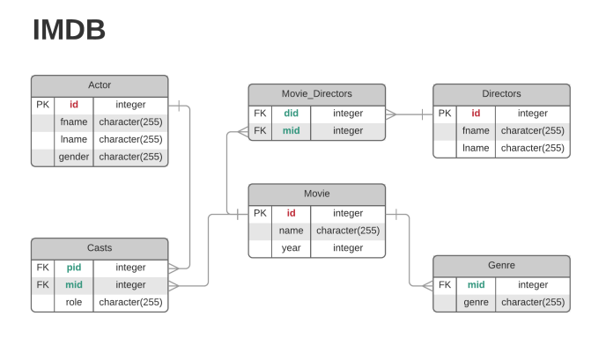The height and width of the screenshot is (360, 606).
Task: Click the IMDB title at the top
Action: [x=69, y=31]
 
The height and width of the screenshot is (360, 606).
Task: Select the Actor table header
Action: [x=100, y=85]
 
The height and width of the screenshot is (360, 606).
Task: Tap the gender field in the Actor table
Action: [x=73, y=157]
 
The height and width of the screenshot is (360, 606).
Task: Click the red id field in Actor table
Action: [x=73, y=105]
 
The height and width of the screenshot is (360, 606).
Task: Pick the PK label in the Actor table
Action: [x=42, y=105]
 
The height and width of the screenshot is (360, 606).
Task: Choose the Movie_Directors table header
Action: [x=316, y=94]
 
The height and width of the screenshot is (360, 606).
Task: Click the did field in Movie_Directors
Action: [x=291, y=114]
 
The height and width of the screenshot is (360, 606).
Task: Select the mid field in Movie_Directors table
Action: [x=291, y=131]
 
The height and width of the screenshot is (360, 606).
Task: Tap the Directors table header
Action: [x=501, y=94]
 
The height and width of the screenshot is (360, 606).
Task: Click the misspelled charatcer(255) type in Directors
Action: [x=532, y=131]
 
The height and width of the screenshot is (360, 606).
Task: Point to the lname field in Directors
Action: [x=476, y=149]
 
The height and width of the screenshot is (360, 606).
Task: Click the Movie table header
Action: [x=316, y=194]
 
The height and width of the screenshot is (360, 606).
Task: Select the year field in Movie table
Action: [x=291, y=248]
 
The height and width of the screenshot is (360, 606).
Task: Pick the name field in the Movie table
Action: [x=291, y=231]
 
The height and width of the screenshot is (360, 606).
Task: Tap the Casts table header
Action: [x=100, y=248]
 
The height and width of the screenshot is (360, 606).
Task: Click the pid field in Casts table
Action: [x=73, y=268]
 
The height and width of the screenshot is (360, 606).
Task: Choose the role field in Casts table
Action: [x=73, y=303]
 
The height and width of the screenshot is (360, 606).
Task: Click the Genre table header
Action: [x=501, y=265]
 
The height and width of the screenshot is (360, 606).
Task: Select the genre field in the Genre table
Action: [x=476, y=303]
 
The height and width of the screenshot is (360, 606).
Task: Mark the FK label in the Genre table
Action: [x=445, y=285]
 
